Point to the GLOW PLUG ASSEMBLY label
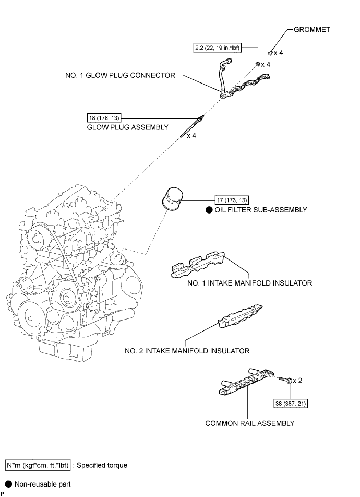(128, 127)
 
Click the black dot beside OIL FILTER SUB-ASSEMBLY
(208, 210)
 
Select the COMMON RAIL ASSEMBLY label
(249, 423)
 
